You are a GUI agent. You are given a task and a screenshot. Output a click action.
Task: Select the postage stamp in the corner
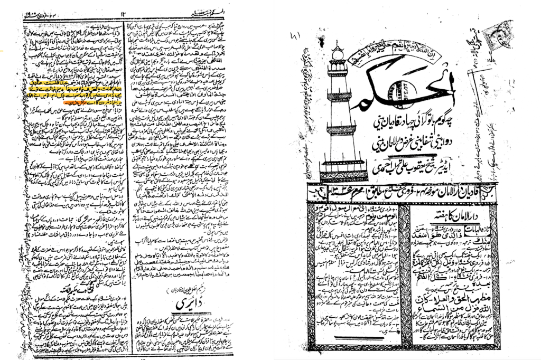(x=499, y=35)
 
